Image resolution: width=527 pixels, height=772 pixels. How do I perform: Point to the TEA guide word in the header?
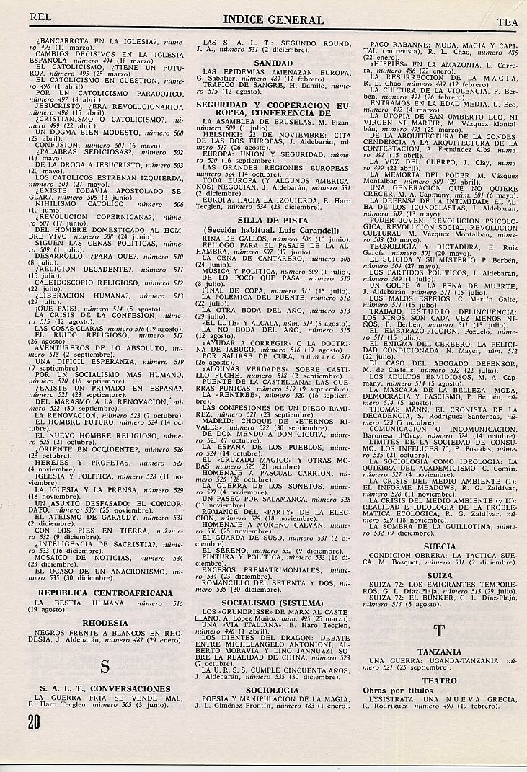508,22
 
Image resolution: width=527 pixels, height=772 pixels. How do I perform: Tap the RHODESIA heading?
105,623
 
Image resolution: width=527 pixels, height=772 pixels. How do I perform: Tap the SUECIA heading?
440,546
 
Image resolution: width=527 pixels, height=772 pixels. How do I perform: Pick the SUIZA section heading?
440,576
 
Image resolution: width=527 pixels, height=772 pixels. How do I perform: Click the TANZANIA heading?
439,652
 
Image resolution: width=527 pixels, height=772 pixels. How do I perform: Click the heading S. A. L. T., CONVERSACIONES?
105,688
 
